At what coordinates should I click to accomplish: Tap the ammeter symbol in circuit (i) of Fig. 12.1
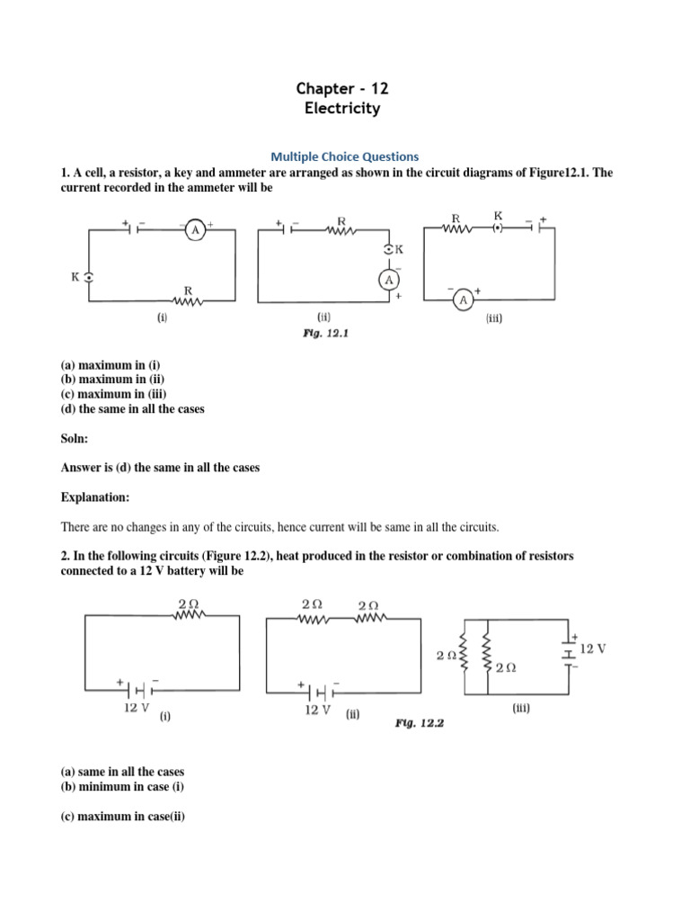point(195,231)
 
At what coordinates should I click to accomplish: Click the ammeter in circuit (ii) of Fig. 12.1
point(389,280)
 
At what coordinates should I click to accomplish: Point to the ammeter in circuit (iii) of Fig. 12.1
point(463,299)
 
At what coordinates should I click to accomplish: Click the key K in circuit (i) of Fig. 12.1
point(88,278)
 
